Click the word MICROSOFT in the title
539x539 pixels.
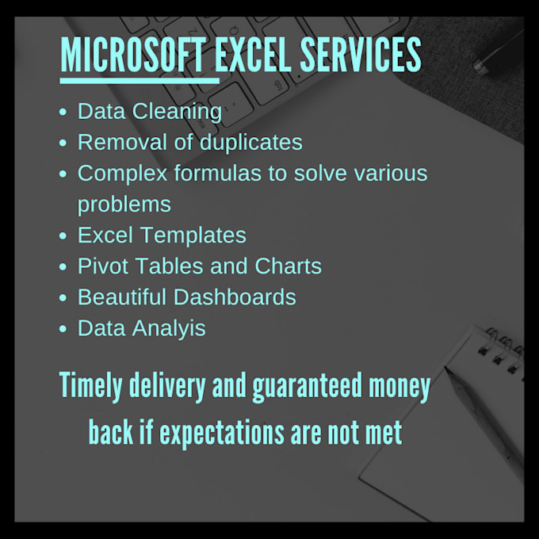tap(133, 55)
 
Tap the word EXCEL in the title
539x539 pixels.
tap(253, 55)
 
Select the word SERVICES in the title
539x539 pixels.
tap(361, 55)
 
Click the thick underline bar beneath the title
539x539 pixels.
tap(140, 81)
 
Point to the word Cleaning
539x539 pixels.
tap(177, 112)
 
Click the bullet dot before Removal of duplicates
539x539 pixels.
tap(63, 143)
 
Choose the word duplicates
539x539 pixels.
tap(251, 143)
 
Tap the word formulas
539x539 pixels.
tap(218, 173)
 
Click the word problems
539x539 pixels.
tap(124, 205)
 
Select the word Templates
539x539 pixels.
tap(193, 235)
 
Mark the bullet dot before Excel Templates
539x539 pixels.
tap(63, 235)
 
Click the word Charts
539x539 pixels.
tap(288, 266)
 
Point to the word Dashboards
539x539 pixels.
tap(235, 297)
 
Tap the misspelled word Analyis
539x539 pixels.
tap(169, 329)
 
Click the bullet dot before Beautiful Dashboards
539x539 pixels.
tap(63, 297)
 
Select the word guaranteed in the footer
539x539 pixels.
tap(308, 386)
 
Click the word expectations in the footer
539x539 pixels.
tap(222, 433)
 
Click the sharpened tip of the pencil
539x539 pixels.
tap(446, 369)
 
